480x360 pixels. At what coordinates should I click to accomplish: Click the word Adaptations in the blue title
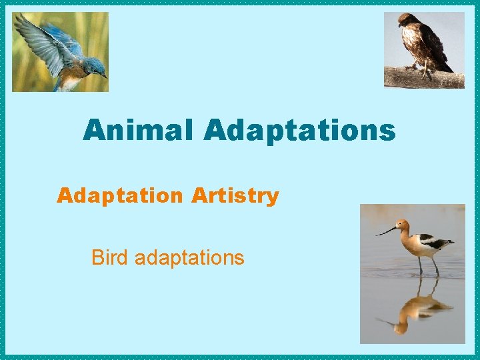coord(300,131)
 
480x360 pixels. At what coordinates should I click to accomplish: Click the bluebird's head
coord(94,67)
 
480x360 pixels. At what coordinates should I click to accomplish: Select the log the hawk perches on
coord(427,79)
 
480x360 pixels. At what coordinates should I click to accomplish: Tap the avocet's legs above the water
coord(427,265)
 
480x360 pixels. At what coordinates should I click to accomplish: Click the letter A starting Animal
coord(94,130)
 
